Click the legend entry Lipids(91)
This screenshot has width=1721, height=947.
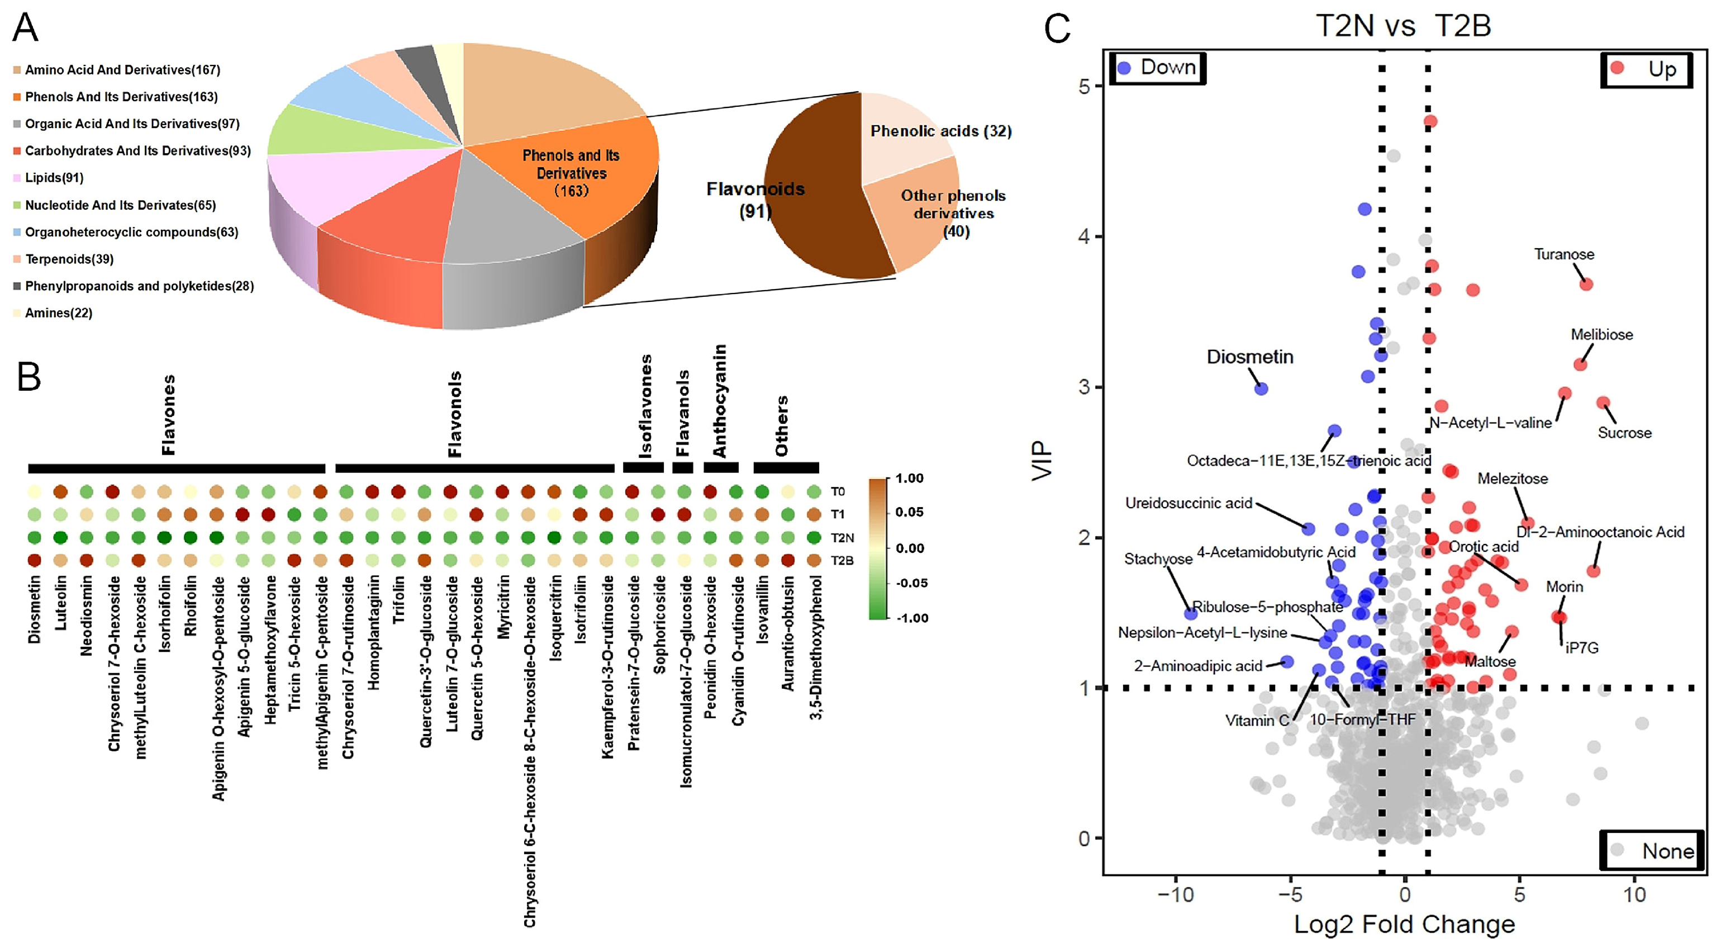tap(54, 178)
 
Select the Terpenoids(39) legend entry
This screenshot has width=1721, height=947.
tap(69, 259)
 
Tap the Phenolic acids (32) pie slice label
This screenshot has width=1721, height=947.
tap(940, 131)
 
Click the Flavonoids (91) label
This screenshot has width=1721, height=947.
tap(755, 199)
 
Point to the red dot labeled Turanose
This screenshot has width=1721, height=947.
tap(1586, 284)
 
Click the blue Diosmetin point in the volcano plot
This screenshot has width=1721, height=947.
tap(1261, 389)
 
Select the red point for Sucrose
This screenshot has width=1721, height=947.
tap(1603, 403)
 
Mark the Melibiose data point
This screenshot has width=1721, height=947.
tap(1580, 364)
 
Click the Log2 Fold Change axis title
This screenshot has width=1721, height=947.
tap(1404, 924)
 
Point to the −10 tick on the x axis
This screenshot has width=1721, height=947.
tap(1175, 894)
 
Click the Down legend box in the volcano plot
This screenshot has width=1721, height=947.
tap(1158, 68)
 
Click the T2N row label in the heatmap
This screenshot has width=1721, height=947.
tap(842, 537)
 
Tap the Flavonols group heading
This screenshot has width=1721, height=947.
tap(455, 414)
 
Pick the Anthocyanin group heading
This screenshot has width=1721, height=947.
tap(720, 400)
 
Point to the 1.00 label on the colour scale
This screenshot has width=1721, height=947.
tap(909, 479)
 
